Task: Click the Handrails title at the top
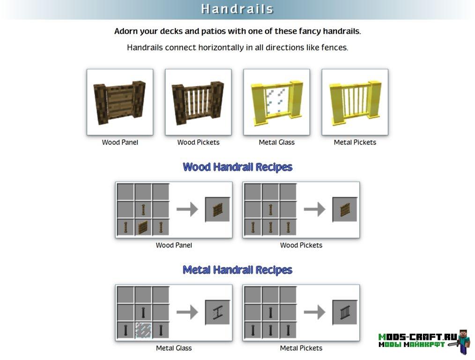tap(237, 9)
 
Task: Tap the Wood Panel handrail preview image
tap(119, 102)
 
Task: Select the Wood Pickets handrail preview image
tap(198, 102)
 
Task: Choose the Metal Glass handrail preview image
tap(276, 102)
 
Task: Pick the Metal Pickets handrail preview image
tap(355, 102)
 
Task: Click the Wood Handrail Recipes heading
tap(237, 167)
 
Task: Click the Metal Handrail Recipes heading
tap(237, 270)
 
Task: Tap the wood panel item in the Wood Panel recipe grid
tap(143, 227)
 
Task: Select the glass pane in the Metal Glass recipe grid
tap(143, 330)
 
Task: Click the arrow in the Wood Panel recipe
tap(187, 209)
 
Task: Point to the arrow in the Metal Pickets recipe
tap(314, 312)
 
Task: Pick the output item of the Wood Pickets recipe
tap(345, 210)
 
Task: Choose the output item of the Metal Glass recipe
tap(217, 313)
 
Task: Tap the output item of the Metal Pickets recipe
tap(345, 313)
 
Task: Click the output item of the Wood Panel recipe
tap(217, 210)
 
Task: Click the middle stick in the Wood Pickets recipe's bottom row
tap(270, 227)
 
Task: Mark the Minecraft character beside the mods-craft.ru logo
tap(462, 342)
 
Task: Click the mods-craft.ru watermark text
tap(417, 337)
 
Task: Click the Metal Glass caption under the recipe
tap(174, 348)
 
